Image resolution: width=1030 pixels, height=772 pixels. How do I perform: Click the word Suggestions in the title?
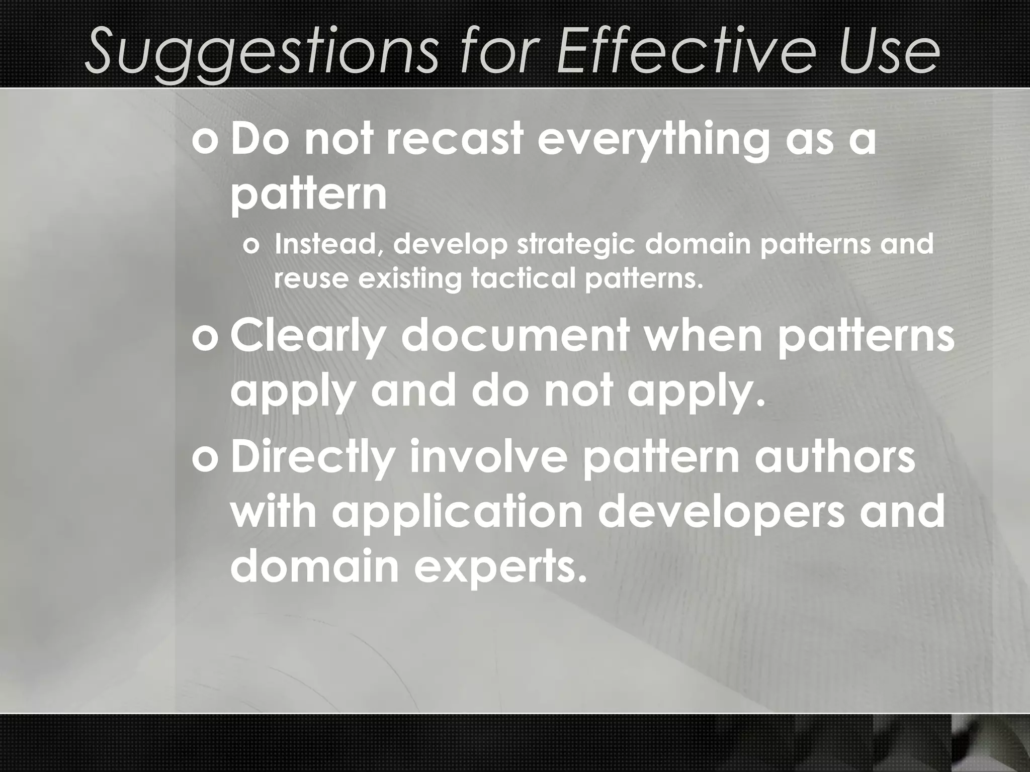click(262, 50)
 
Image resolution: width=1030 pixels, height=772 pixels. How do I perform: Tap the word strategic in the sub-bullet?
click(578, 245)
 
